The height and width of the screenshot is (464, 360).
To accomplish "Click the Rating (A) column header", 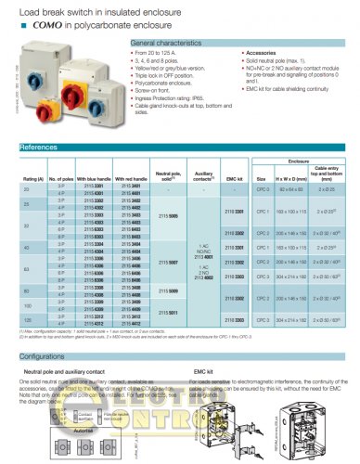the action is point(33,178).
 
